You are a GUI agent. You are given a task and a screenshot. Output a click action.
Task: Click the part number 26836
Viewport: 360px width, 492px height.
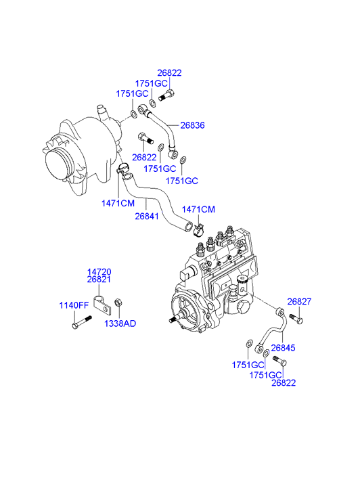(x=192, y=125)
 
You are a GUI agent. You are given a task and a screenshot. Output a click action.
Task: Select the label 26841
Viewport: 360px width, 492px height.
(x=147, y=216)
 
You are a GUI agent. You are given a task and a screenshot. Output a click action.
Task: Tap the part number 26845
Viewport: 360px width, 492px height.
(x=283, y=348)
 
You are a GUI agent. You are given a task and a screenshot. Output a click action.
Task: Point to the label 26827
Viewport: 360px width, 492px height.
(x=299, y=302)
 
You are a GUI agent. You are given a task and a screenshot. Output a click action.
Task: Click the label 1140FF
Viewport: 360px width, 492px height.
(x=74, y=305)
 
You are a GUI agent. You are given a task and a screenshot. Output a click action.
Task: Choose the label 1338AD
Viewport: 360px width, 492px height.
(x=120, y=323)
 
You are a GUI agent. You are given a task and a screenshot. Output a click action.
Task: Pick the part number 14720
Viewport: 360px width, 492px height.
(x=99, y=272)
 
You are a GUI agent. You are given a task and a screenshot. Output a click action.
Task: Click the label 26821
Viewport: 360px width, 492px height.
(x=99, y=279)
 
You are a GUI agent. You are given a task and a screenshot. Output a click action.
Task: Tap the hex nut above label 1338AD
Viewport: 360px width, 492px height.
(x=118, y=303)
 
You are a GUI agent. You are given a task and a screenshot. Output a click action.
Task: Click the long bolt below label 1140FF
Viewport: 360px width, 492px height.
(x=82, y=322)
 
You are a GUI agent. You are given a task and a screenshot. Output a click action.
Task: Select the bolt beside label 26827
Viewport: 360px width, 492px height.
(x=296, y=319)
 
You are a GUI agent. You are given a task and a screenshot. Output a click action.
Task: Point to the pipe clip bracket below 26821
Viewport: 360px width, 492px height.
(x=103, y=304)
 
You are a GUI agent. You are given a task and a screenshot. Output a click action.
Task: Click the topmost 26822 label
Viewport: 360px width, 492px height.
(x=169, y=73)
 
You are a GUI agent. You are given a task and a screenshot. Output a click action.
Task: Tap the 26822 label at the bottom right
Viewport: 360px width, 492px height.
(x=284, y=383)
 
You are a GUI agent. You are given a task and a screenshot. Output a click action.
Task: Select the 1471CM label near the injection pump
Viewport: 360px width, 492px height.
(x=198, y=209)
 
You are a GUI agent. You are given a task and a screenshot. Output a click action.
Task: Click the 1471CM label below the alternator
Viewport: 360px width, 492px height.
(x=118, y=203)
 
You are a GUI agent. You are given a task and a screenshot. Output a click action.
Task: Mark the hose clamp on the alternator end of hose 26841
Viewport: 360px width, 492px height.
(x=122, y=169)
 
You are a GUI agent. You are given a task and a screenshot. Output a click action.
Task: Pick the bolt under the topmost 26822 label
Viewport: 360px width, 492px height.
(x=166, y=95)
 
